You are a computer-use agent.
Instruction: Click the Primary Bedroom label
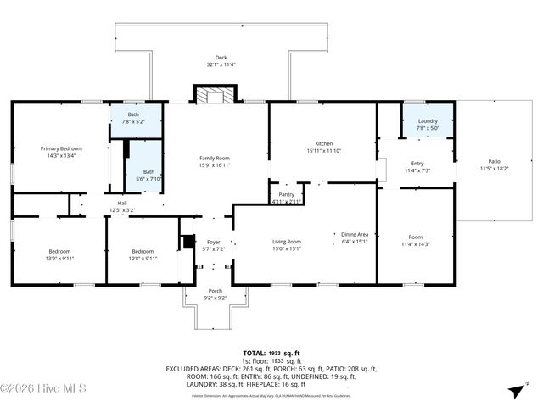pyautogui.click(x=61, y=148)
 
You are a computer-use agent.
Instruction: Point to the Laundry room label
pyautogui.click(x=428, y=121)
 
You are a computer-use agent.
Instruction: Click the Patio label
pyautogui.click(x=494, y=161)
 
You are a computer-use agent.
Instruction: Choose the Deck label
pyautogui.click(x=221, y=58)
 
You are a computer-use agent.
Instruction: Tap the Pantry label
pyautogui.click(x=286, y=194)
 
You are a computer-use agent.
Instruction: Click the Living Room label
pyautogui.click(x=286, y=242)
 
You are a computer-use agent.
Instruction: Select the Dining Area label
pyautogui.click(x=355, y=234)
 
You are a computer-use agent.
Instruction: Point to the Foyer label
pyautogui.click(x=215, y=242)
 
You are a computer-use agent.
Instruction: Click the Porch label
pyautogui.click(x=216, y=290)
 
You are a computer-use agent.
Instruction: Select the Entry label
pyautogui.click(x=417, y=164)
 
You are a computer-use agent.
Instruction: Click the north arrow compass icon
pyautogui.click(x=516, y=391)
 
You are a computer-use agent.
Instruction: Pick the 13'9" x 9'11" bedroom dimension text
pyautogui.click(x=59, y=258)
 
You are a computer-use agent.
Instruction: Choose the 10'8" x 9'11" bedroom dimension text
pyautogui.click(x=143, y=258)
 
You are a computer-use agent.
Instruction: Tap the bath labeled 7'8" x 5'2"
pyautogui.click(x=133, y=121)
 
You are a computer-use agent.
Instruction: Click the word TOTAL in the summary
pyautogui.click(x=255, y=352)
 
